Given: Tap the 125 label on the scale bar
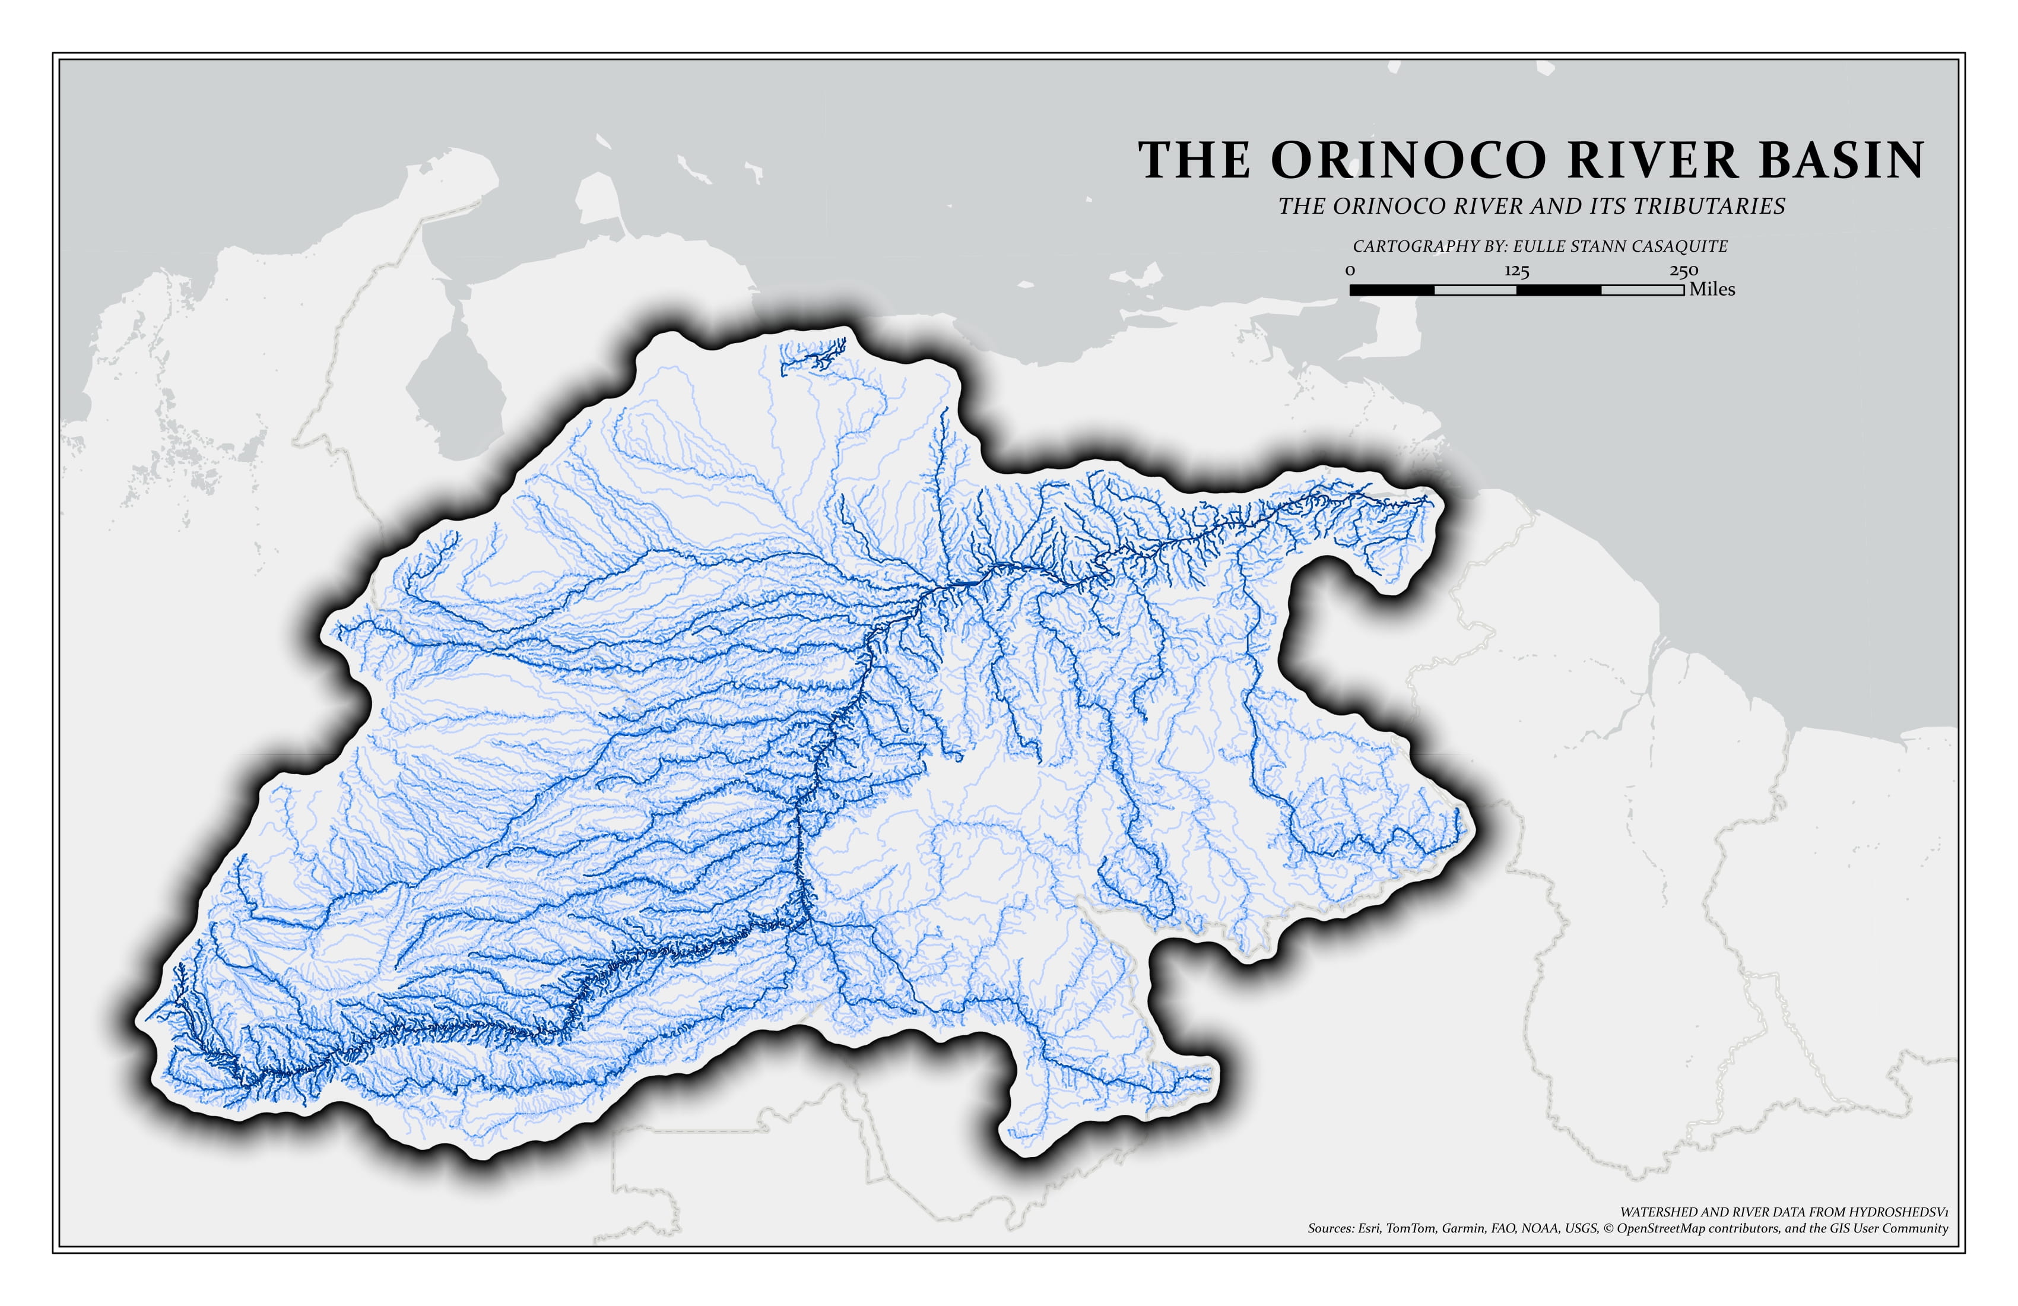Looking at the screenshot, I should [x=1517, y=271].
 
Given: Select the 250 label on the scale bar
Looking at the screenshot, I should [x=1684, y=271].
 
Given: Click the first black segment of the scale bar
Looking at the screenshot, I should [x=1391, y=290].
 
